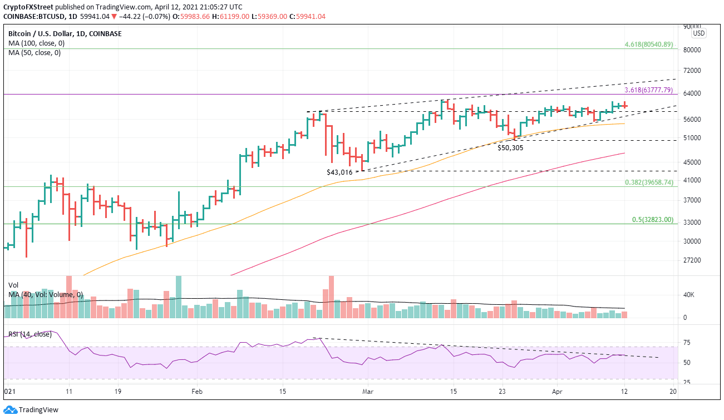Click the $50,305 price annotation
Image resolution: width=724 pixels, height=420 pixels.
pyautogui.click(x=510, y=148)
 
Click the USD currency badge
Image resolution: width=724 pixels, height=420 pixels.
pyautogui.click(x=698, y=33)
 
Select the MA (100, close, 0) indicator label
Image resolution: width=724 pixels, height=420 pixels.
pyautogui.click(x=35, y=43)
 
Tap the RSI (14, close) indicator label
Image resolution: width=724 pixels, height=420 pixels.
pyautogui.click(x=30, y=334)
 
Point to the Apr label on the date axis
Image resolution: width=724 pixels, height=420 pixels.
pyautogui.click(x=558, y=392)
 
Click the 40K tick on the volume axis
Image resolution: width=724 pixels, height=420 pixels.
pyautogui.click(x=689, y=295)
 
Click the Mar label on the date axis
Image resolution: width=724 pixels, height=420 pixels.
pyautogui.click(x=367, y=392)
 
